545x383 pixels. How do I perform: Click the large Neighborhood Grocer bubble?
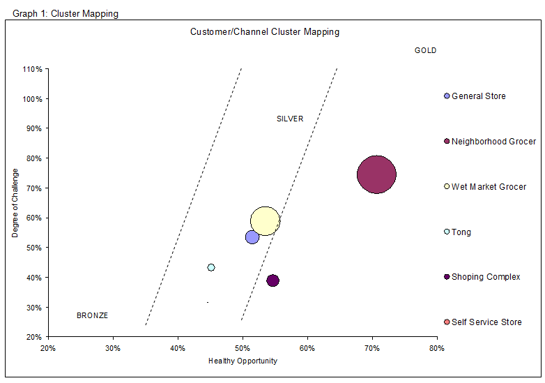376,175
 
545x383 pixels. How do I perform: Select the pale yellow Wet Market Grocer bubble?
265,221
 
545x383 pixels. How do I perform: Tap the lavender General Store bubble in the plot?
252,237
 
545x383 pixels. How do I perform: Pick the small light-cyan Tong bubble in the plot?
211,267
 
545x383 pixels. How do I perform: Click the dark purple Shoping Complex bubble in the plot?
272,280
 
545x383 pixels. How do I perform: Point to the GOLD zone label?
425,51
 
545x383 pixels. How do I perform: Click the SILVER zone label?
290,119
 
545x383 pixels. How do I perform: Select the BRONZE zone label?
92,316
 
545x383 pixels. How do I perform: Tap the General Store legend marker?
447,96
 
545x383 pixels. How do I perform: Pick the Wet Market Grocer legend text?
489,187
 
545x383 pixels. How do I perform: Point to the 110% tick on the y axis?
33,69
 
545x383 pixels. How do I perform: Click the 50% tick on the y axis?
34,248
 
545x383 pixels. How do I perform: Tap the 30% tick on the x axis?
113,347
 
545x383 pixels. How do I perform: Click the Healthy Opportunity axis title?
243,361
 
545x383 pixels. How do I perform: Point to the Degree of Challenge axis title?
15,203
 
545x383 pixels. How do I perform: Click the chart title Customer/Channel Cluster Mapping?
265,32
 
